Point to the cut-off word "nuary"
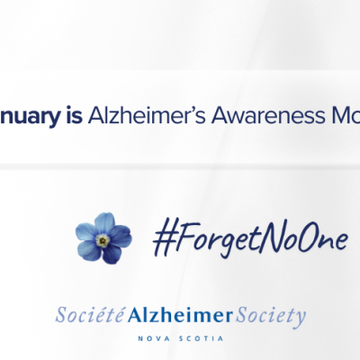click(x=29, y=115)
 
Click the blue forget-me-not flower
click(x=103, y=238)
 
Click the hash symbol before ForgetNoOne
click(x=161, y=237)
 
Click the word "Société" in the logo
click(x=84, y=317)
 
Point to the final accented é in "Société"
click(x=116, y=317)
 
